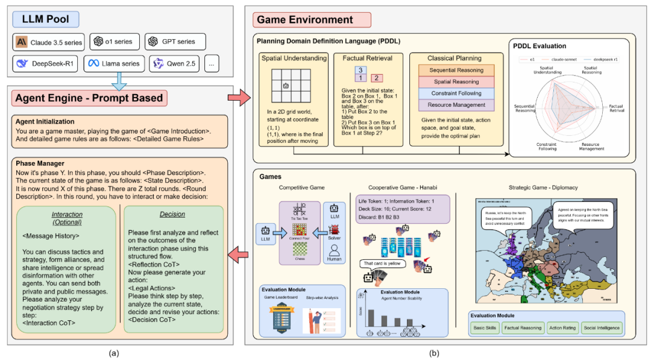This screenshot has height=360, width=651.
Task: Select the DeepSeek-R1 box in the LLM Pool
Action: click(x=45, y=63)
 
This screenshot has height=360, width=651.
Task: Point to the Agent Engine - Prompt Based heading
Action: click(x=89, y=98)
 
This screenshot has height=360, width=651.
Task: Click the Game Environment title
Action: click(x=304, y=19)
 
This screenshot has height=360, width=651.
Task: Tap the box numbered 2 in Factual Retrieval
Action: click(x=375, y=78)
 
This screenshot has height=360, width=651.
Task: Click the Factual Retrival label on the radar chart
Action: click(x=615, y=109)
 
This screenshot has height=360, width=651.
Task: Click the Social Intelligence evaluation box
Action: click(x=600, y=328)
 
